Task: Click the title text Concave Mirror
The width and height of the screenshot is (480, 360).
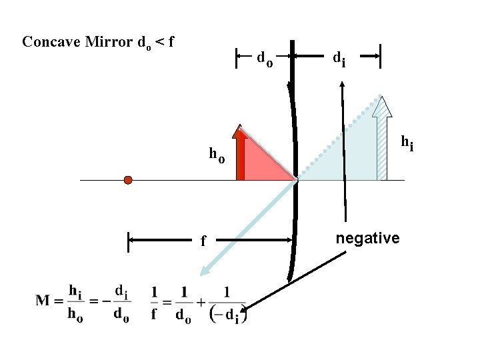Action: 77,41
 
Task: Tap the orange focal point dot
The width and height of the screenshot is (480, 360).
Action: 128,180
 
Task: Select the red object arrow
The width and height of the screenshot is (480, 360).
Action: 241,153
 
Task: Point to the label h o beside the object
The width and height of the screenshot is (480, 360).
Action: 217,155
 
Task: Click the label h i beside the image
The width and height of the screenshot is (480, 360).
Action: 406,142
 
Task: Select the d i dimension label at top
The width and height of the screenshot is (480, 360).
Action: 339,59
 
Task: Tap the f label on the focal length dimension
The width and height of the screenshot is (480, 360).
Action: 203,240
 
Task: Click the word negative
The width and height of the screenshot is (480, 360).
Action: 367,238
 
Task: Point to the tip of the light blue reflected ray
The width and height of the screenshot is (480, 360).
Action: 201,273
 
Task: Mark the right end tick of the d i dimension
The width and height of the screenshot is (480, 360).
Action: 380,57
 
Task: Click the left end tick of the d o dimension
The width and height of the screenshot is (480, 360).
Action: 237,58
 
